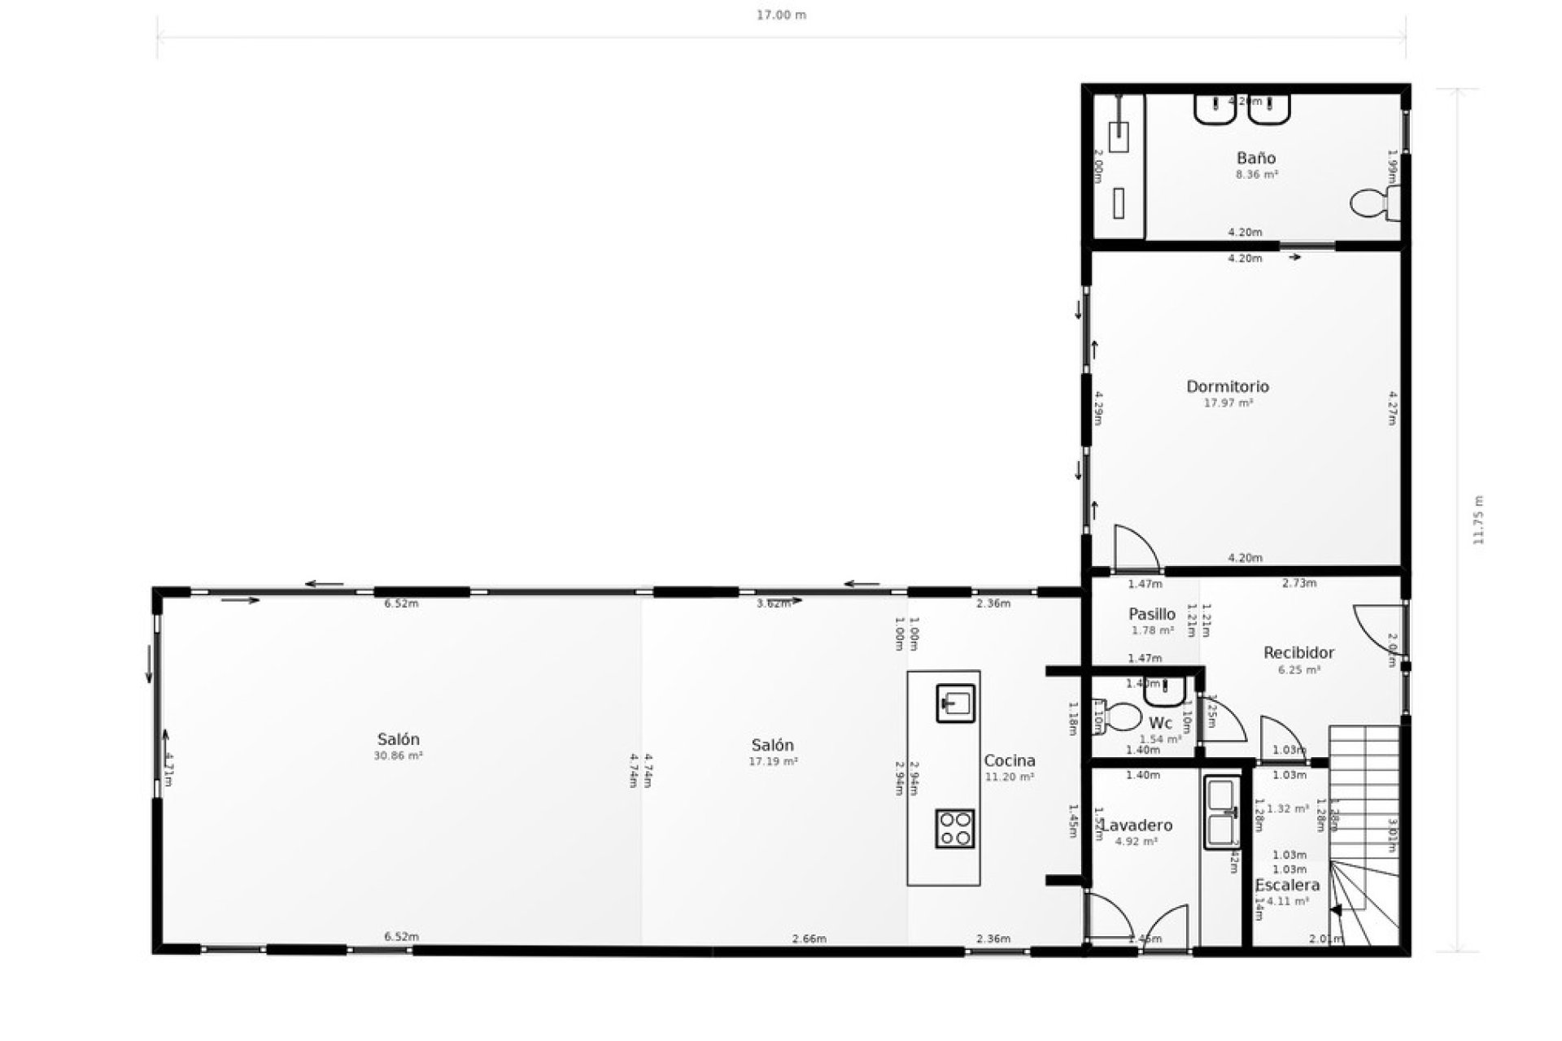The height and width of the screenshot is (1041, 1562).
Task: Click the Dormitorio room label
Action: [x=1227, y=386]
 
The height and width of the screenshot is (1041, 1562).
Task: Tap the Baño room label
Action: [x=1255, y=158]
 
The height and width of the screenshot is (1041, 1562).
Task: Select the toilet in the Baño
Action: [x=1372, y=203]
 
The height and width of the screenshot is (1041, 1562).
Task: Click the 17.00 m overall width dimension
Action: [x=781, y=15]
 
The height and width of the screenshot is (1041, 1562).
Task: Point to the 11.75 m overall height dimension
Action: [x=1478, y=520]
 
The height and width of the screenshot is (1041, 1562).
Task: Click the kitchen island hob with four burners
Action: [x=954, y=829]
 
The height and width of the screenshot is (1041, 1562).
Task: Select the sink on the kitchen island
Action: [x=955, y=703]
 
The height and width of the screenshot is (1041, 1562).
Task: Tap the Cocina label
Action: [x=1010, y=760]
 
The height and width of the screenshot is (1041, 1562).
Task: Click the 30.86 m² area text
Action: [x=398, y=756]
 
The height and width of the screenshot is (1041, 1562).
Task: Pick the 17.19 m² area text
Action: [x=772, y=761]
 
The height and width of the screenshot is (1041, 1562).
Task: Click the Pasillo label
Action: [x=1152, y=614]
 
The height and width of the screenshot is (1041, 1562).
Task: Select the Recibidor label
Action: [x=1298, y=652]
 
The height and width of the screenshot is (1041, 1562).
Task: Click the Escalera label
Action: [x=1286, y=886]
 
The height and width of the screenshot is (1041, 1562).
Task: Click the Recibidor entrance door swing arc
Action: [x=1377, y=634]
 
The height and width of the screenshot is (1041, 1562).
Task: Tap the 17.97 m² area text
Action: [x=1228, y=403]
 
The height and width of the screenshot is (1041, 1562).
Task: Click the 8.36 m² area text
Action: [x=1256, y=174]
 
